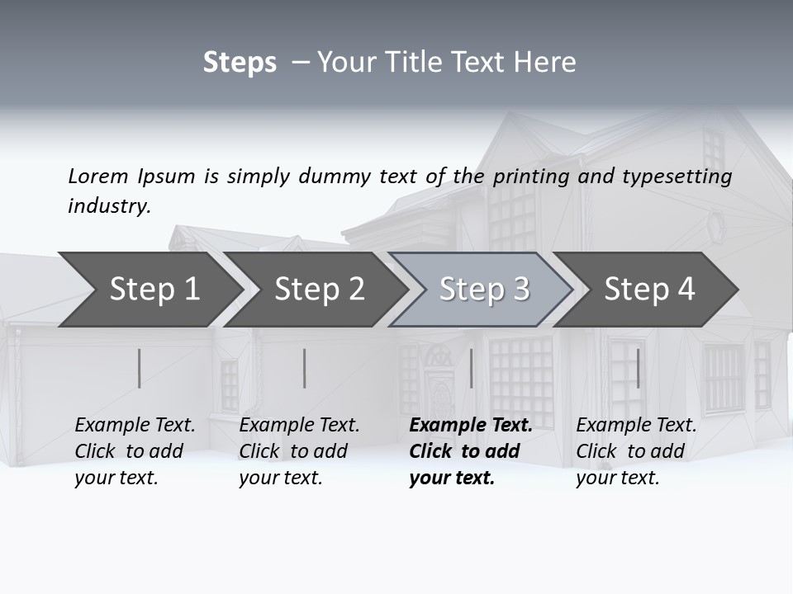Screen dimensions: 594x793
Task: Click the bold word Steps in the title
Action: (x=240, y=63)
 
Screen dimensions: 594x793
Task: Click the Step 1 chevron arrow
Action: (x=149, y=290)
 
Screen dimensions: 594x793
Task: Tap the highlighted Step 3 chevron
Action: (x=484, y=290)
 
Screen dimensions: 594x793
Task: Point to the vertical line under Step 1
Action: (x=139, y=368)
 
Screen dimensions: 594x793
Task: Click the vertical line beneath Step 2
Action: (x=304, y=368)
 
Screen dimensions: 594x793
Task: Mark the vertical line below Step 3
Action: (x=471, y=368)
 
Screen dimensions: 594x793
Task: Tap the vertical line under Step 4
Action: (x=638, y=368)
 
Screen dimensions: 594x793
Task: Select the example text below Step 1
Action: (x=135, y=451)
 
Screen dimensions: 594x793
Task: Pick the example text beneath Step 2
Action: (x=299, y=451)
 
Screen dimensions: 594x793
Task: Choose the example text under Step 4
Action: (x=636, y=451)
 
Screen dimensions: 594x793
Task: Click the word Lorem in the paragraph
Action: (x=98, y=176)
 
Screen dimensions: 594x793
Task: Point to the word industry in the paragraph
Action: (x=109, y=206)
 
